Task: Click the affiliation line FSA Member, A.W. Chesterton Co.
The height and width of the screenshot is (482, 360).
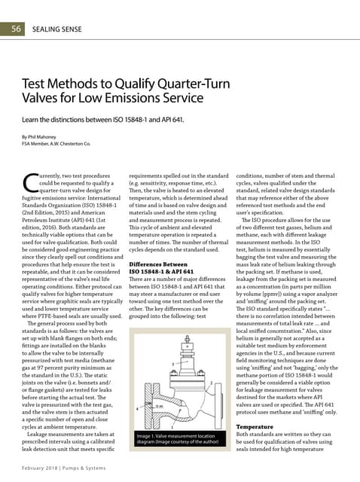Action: tap(56, 143)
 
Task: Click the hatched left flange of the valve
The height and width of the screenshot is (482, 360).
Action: tap(148, 406)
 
